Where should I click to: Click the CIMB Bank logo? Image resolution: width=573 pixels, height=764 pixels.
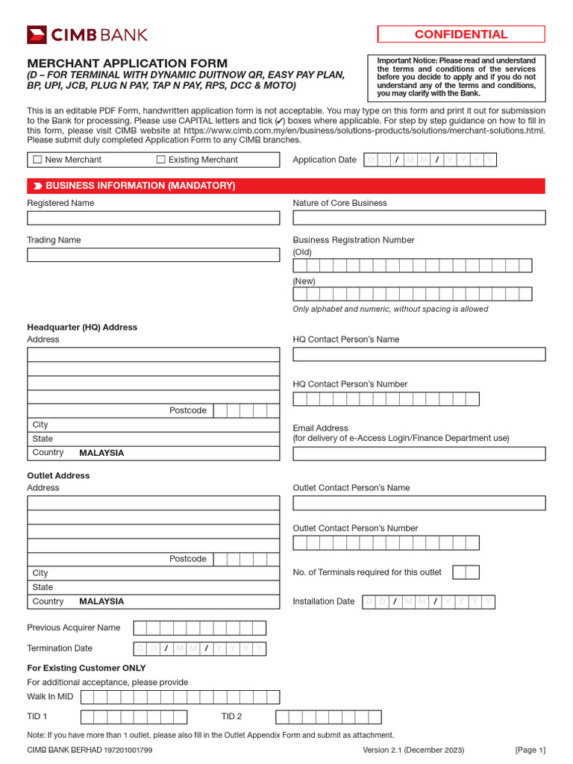point(87,34)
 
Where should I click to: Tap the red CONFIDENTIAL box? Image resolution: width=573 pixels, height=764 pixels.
point(460,34)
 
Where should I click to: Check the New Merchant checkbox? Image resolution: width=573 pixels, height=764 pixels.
point(37,160)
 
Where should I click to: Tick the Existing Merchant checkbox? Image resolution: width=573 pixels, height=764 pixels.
point(160,160)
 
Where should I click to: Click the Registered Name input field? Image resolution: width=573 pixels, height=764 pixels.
point(153,218)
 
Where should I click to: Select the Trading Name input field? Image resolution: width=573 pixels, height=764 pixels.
point(153,254)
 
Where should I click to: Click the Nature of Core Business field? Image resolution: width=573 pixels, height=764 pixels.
point(419,218)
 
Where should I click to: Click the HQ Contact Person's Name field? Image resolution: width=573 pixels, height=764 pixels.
point(419,354)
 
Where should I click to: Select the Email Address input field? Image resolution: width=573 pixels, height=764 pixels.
point(419,454)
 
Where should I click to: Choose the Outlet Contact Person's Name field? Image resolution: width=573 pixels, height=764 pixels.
point(419,503)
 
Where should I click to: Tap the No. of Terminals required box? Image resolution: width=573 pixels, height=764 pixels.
point(466,572)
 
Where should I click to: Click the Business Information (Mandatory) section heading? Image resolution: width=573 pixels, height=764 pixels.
point(140,186)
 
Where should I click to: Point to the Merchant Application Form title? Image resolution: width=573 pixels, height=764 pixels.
point(128,63)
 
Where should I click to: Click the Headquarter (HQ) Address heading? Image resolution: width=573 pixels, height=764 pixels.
point(82,327)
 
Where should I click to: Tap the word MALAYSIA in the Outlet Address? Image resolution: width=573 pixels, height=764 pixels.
point(101,601)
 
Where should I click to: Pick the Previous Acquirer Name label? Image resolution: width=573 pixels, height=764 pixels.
point(73,627)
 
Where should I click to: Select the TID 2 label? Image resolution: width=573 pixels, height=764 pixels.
point(231,716)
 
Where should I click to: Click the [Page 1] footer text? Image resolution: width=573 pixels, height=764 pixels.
point(530,750)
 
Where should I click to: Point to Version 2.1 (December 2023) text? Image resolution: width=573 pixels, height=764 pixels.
point(413,750)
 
